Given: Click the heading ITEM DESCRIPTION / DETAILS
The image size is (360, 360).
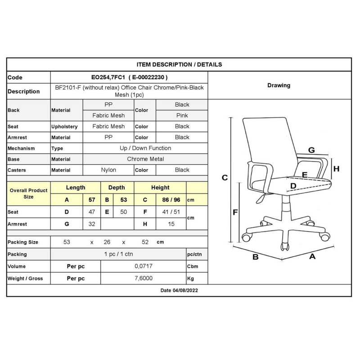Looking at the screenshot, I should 179,65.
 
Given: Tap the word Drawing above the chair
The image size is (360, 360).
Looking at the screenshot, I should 279,85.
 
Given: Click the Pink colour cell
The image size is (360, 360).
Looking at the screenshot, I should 182,116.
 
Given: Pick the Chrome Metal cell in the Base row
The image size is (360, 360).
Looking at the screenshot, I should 145,159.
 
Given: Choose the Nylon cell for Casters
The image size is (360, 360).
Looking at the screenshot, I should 108,170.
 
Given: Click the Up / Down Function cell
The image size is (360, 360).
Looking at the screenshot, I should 145,148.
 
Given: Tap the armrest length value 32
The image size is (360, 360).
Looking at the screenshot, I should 92,224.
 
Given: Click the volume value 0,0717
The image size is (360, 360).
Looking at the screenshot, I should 144,266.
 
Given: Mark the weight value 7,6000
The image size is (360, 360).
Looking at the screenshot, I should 144,279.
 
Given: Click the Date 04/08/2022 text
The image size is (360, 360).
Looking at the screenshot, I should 179,291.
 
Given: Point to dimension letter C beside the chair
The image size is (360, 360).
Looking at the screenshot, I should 225,178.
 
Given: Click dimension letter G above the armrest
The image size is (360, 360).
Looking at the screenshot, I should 311,150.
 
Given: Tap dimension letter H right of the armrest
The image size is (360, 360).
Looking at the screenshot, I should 336,169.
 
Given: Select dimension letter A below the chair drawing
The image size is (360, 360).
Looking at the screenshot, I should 312,256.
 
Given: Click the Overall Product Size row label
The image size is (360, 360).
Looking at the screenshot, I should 28,194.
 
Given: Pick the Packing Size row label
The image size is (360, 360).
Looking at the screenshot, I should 23,242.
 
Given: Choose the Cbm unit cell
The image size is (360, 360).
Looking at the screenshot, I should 193,266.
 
